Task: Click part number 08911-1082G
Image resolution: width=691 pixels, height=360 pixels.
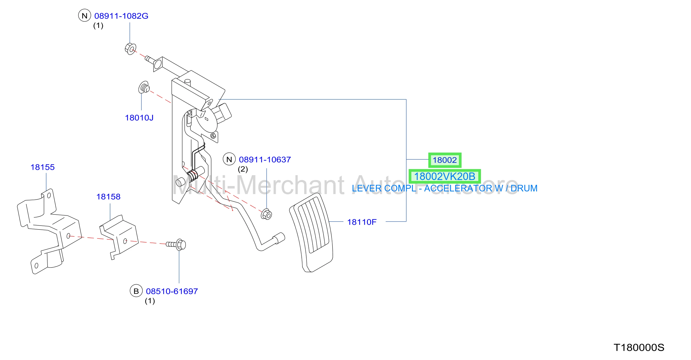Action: (x=121, y=16)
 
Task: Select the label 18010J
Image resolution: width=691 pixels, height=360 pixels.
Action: (x=139, y=118)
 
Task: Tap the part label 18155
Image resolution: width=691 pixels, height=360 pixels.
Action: (x=43, y=167)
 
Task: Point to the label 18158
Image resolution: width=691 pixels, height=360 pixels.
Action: (x=108, y=197)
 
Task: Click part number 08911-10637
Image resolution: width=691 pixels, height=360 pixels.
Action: (x=265, y=160)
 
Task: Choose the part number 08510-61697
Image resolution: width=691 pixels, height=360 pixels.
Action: (x=172, y=291)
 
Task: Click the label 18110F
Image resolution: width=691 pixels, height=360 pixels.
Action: (x=362, y=222)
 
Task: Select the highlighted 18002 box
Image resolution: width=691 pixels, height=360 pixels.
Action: (x=445, y=160)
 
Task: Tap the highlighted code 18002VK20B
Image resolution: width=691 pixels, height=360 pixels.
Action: (x=445, y=177)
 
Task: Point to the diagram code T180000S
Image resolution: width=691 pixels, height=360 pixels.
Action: (x=639, y=348)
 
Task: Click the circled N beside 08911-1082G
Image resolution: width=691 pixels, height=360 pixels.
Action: (x=84, y=16)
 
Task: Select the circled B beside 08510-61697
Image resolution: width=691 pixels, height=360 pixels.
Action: (x=136, y=291)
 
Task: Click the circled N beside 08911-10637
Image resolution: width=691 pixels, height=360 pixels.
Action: (x=229, y=159)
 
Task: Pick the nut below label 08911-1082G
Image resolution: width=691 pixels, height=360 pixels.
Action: (x=130, y=49)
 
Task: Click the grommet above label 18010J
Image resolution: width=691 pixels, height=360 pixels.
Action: (x=144, y=87)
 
